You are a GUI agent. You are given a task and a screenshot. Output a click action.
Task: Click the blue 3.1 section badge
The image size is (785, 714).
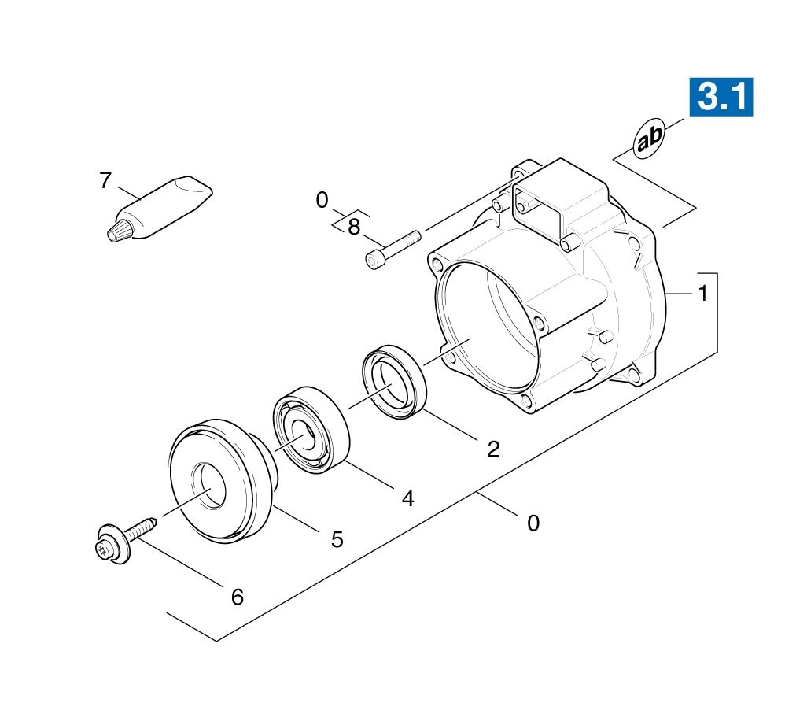[x=721, y=97]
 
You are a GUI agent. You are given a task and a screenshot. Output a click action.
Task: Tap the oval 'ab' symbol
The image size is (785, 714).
[x=649, y=139]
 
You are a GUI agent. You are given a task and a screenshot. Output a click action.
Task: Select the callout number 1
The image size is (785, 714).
[x=703, y=293]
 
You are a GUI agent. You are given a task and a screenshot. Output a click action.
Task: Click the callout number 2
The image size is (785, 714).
[x=493, y=449]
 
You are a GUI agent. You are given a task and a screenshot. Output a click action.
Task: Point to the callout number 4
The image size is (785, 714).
[x=408, y=498]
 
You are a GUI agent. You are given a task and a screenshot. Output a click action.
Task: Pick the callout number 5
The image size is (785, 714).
[x=337, y=540]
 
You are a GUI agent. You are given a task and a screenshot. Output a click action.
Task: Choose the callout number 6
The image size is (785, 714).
[x=237, y=597]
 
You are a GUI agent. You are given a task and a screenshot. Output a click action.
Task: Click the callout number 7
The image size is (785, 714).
[x=105, y=180]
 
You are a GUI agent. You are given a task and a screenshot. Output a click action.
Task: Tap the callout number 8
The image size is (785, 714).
[x=354, y=227]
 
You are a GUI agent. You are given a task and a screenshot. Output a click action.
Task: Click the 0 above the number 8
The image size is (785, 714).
[x=322, y=201]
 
